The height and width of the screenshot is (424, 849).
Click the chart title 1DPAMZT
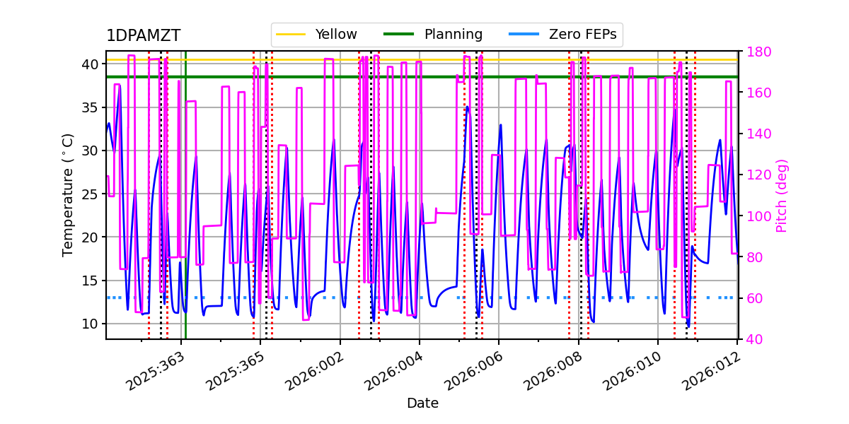click(143, 36)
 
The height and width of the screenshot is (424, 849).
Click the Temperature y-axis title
click(69, 194)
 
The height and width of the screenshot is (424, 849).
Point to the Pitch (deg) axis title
click(782, 196)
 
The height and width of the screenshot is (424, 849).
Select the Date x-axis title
click(422, 404)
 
